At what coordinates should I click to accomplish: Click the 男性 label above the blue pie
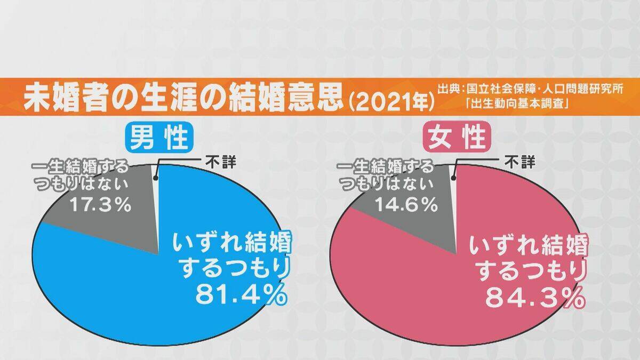[158, 138]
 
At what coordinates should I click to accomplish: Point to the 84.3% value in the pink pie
[533, 299]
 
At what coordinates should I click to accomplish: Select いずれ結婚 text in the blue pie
[232, 245]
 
